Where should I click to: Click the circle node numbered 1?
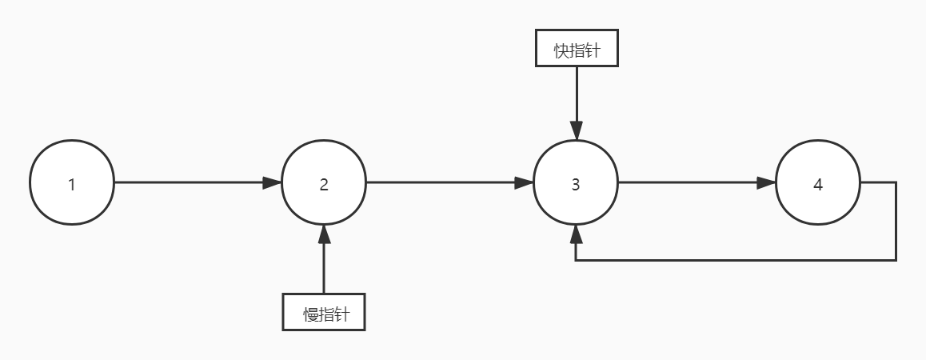pos(72,182)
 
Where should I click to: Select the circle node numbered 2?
pos(324,182)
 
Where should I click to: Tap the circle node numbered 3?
pos(576,182)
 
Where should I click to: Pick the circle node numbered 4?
pos(818,182)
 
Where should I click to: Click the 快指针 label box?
pos(576,50)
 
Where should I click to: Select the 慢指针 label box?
pos(324,312)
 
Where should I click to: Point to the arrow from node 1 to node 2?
pos(192,182)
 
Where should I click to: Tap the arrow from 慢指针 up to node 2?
pos(324,264)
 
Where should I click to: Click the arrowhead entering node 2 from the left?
pos(273,182)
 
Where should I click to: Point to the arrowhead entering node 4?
pos(767,182)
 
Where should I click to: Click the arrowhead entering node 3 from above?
pos(576,131)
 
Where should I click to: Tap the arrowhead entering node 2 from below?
pos(324,234)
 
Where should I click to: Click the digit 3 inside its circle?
pos(576,184)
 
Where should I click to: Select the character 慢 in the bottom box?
pos(310,313)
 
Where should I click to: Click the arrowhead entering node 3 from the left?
pos(525,182)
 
